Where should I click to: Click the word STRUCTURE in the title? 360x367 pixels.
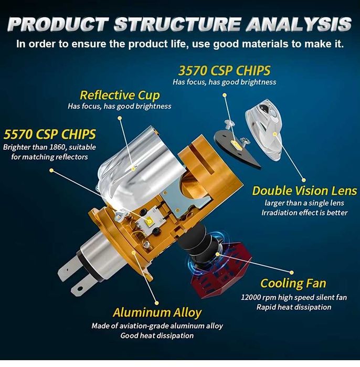tap(177, 24)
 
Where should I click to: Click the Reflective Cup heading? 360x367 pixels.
tap(120, 95)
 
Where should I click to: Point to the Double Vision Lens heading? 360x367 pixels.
tap(304, 191)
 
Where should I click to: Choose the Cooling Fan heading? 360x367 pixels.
tap(293, 283)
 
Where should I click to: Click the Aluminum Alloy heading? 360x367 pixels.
tap(157, 312)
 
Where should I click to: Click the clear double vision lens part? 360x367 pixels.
tap(263, 132)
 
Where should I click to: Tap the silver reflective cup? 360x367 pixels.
tap(137, 169)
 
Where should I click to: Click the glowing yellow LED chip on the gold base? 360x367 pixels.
tap(149, 221)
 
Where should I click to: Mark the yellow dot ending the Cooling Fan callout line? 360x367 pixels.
tap(291, 272)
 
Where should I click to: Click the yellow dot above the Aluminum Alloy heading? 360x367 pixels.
tap(157, 303)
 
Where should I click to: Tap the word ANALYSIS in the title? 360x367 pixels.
tap(299, 24)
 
